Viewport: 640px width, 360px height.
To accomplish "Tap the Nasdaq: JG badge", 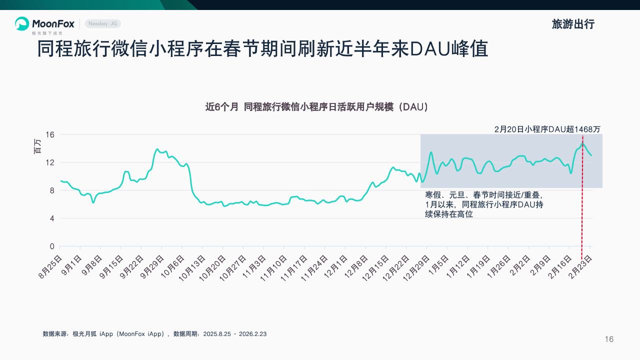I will coord(103,23).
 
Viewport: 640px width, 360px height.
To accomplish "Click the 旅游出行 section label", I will coord(573,24).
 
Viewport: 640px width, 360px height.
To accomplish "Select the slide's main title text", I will coord(262,50).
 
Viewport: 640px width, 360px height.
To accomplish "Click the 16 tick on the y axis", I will coord(49,134).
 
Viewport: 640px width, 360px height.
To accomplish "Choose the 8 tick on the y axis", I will coord(51,190).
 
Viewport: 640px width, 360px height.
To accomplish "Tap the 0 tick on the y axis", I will coord(51,246).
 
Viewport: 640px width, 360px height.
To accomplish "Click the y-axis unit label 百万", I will coord(38,145).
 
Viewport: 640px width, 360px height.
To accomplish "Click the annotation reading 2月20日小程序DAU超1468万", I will coord(547,129).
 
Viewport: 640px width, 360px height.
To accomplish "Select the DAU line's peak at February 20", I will coord(582,144).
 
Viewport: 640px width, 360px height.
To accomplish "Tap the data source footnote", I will coord(154,333).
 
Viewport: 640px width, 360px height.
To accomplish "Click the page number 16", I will coord(609,339).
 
